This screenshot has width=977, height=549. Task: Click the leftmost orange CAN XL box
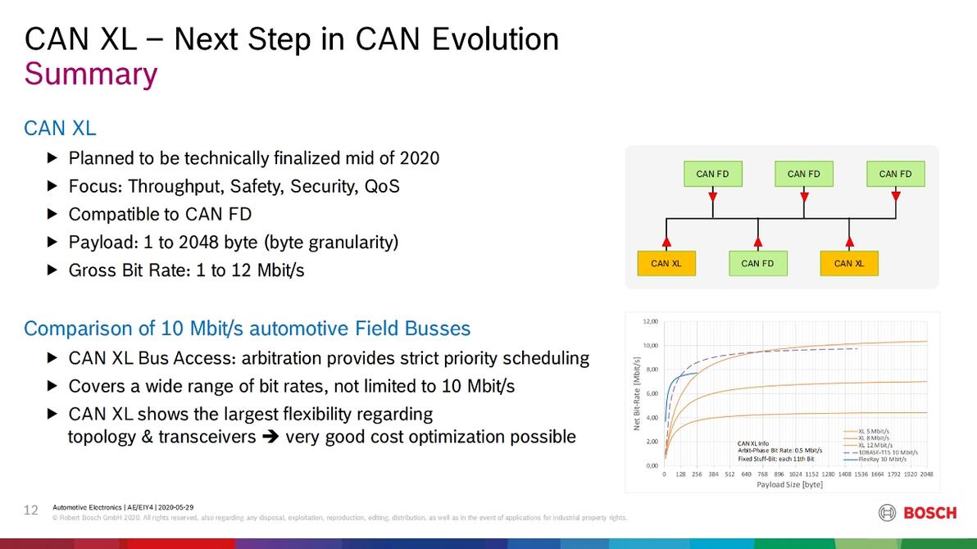tap(666, 263)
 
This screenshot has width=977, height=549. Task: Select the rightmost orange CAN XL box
tap(849, 263)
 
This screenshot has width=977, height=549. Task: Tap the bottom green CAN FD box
tap(757, 263)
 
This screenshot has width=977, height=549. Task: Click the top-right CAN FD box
tap(895, 174)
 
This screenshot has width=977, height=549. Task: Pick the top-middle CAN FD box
tap(803, 174)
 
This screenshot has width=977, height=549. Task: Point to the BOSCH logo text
tap(929, 513)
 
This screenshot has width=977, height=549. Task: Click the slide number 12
tap(31, 511)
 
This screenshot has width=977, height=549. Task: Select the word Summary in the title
tap(91, 75)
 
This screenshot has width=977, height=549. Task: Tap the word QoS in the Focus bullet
tap(382, 186)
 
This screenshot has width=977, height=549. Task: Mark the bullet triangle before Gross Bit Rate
tap(53, 270)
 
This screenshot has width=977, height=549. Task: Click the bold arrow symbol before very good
tap(270, 437)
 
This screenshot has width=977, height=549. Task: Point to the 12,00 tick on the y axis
tap(651, 321)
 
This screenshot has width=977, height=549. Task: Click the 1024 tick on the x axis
tap(795, 474)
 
